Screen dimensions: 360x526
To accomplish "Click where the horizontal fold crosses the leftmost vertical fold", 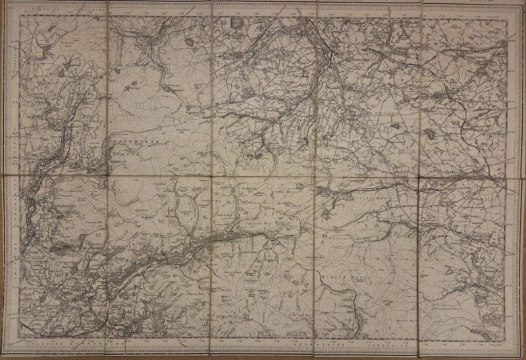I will point(107,176).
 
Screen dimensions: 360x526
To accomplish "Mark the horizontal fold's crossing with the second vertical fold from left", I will point(212,176).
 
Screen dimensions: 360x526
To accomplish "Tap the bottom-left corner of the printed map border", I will point(19,337).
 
